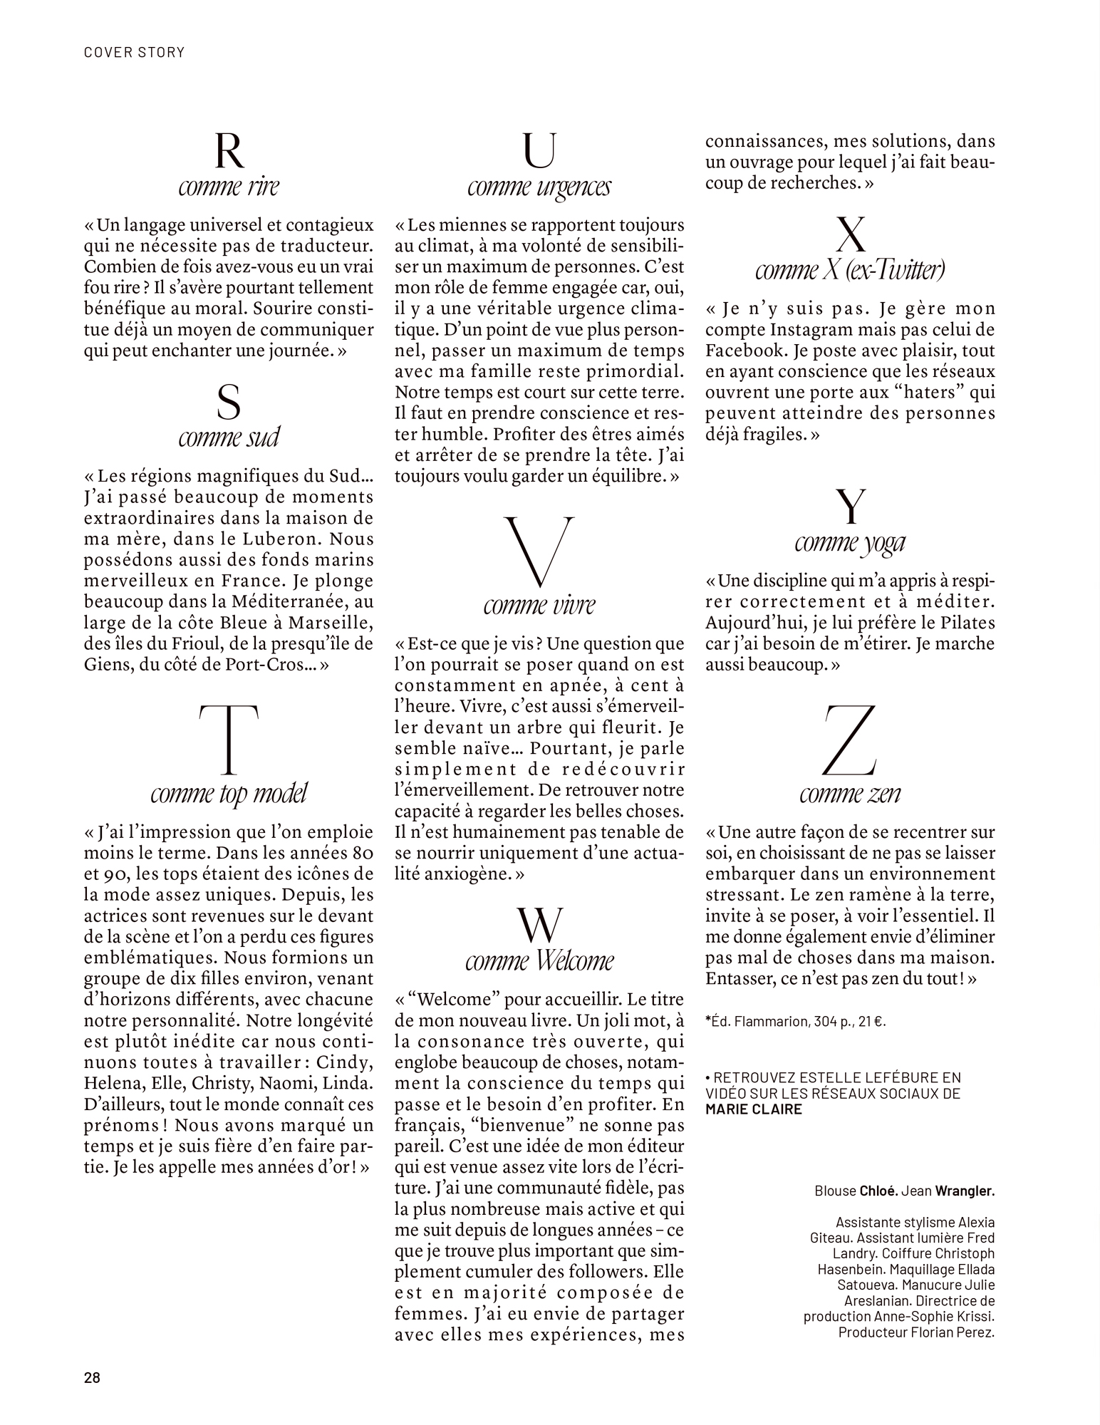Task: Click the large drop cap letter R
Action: pos(229,150)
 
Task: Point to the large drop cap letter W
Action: pos(539,925)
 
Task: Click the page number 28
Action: pos(93,1377)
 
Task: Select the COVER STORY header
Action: pos(134,52)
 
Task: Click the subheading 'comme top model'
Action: pos(229,794)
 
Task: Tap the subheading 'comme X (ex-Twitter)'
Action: pos(849,270)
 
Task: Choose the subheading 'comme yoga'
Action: pos(849,543)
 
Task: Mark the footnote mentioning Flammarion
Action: pos(795,1021)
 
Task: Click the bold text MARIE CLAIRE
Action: pos(753,1109)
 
